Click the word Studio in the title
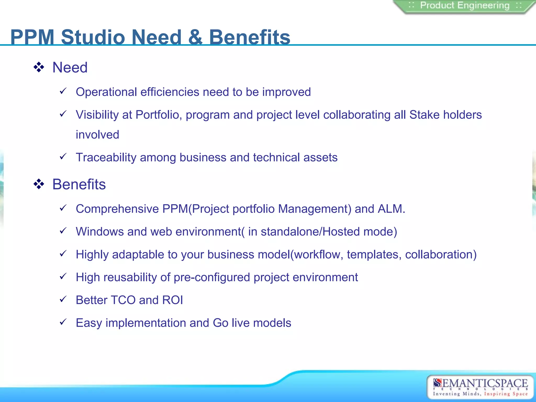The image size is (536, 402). [x=93, y=37]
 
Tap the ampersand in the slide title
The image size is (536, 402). [x=195, y=37]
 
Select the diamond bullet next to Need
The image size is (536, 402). [x=39, y=67]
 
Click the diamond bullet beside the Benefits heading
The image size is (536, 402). [x=39, y=184]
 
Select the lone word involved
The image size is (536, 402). [x=97, y=135]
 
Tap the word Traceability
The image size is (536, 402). [x=106, y=158]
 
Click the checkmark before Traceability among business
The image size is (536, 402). [x=63, y=157]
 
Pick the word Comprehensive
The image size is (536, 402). [x=117, y=209]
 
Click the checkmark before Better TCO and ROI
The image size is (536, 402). [x=63, y=299]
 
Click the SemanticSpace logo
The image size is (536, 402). [x=480, y=387]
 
